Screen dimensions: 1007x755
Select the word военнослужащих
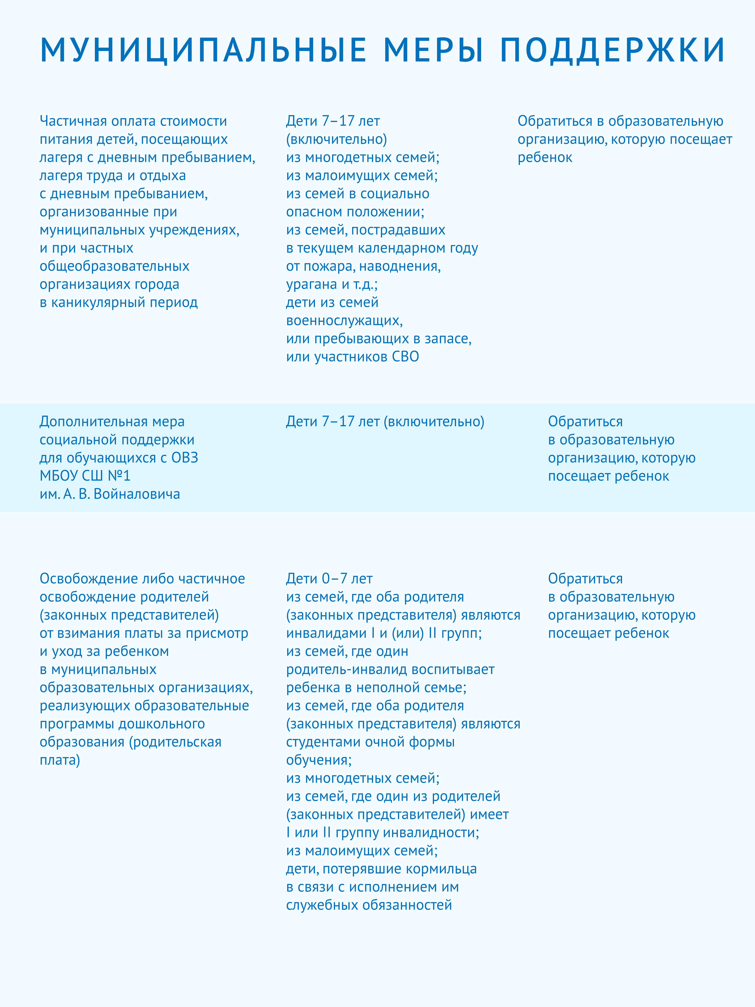[344, 321]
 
